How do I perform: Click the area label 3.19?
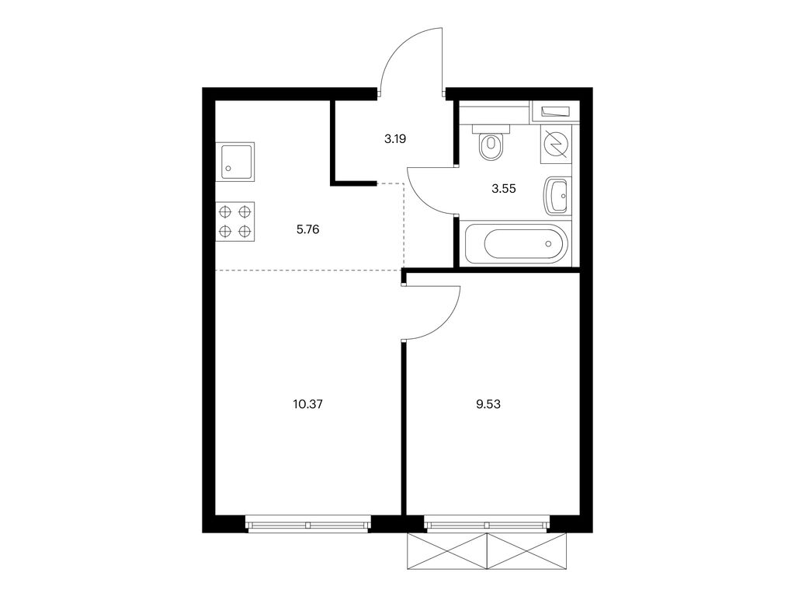pyautogui.click(x=395, y=138)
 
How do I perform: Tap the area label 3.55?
pyautogui.click(x=503, y=189)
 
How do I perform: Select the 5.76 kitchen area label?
pyautogui.click(x=307, y=229)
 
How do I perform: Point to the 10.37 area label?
pyautogui.click(x=307, y=404)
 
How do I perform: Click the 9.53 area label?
pyautogui.click(x=488, y=404)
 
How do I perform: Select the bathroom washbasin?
pyautogui.click(x=556, y=197)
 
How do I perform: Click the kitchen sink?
pyautogui.click(x=234, y=162)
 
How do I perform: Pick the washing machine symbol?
pyautogui.click(x=555, y=145)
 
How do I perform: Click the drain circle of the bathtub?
pyautogui.click(x=548, y=243)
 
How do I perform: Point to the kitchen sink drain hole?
pyautogui.click(x=228, y=169)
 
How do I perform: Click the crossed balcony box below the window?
pyautogui.click(x=487, y=552)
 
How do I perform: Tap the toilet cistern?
pyautogui.click(x=491, y=129)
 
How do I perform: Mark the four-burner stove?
pyautogui.click(x=235, y=222)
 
